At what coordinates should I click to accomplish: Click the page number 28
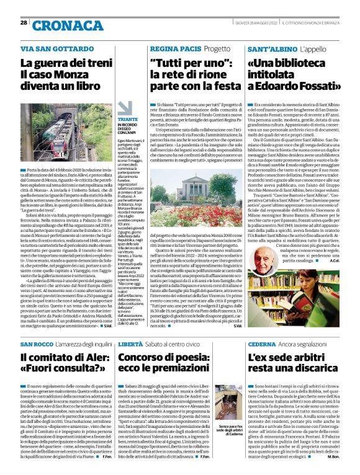(x=24, y=23)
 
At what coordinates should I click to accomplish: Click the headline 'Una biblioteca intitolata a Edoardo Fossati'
(x=293, y=74)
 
